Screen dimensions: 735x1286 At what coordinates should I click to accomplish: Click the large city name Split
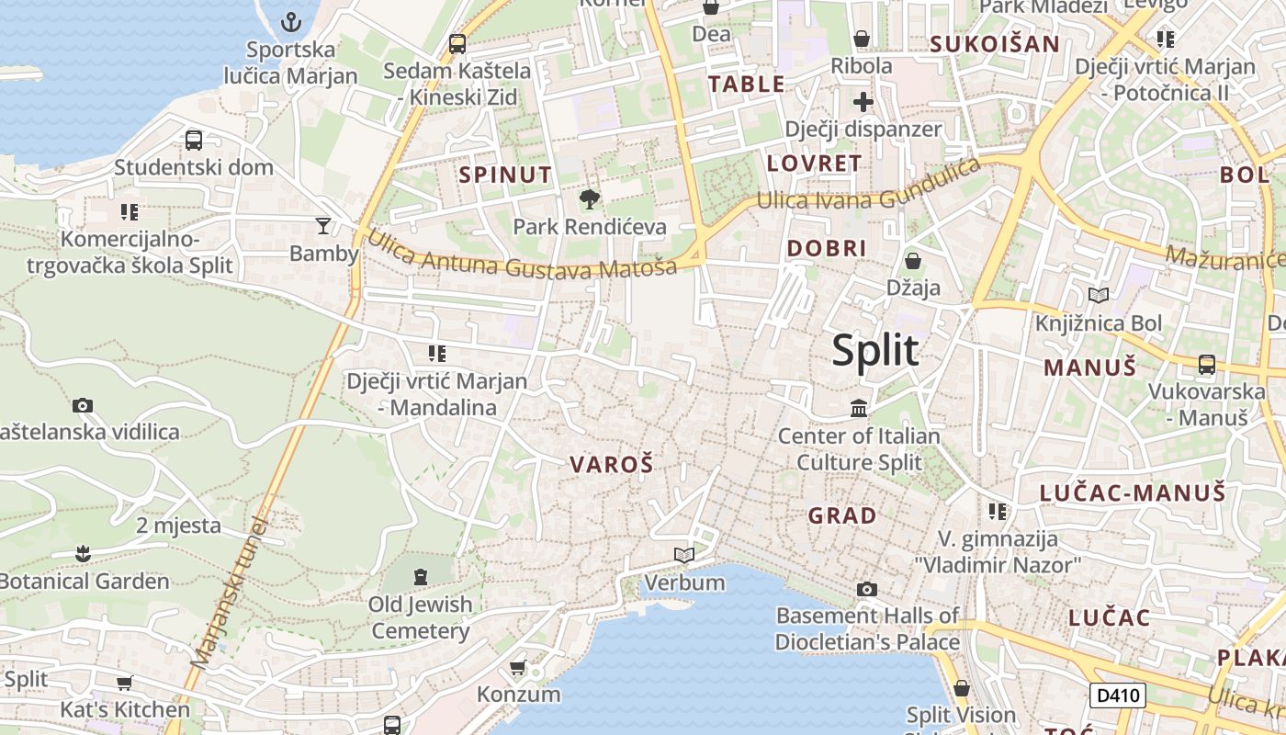875,351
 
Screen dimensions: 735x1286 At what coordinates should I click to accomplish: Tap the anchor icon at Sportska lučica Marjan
291,22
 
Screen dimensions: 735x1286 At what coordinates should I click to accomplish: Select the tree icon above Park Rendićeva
589,198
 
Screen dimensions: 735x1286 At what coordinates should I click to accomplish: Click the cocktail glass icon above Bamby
323,225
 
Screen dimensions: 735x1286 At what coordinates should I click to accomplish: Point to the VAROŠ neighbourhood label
612,465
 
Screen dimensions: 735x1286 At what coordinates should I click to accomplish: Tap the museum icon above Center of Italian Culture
859,407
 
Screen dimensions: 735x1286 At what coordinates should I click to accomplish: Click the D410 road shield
1118,695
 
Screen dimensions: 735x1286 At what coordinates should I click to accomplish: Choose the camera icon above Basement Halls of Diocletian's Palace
866,589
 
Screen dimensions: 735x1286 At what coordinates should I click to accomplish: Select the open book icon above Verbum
684,555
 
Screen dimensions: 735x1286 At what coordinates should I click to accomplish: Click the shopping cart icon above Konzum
518,667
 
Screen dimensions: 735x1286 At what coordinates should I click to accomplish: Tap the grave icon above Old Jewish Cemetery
421,577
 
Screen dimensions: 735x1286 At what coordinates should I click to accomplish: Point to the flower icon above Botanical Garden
84,553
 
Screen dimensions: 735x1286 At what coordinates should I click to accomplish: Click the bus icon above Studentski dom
194,141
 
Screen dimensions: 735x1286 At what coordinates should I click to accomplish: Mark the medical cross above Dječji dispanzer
863,101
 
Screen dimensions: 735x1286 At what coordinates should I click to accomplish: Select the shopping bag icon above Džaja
913,261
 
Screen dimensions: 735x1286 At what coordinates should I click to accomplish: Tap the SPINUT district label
505,175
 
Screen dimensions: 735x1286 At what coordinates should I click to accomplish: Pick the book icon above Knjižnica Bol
1098,295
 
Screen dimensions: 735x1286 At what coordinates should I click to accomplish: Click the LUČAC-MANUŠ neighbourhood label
1133,492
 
